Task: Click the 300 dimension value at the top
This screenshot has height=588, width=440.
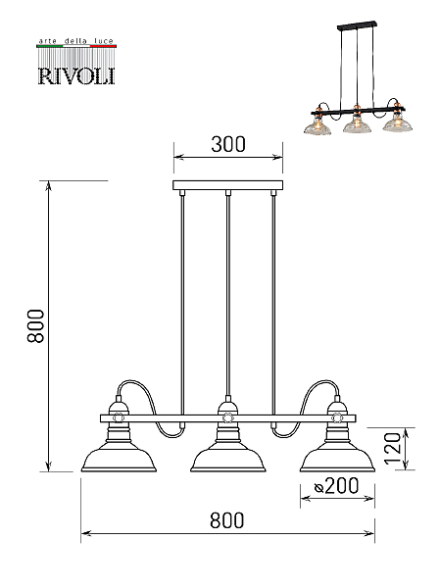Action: (228, 144)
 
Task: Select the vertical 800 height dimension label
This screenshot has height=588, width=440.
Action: (36, 326)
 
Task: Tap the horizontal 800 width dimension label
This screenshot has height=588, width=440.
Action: (227, 520)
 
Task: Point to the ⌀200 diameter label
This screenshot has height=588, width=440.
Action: (336, 486)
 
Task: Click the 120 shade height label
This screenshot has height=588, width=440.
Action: (393, 449)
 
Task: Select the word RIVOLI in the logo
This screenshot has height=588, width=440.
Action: (76, 75)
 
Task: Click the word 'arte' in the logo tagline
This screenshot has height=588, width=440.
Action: (48, 41)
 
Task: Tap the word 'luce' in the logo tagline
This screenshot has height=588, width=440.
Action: (104, 41)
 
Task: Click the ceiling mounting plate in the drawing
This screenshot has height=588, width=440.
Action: (227, 185)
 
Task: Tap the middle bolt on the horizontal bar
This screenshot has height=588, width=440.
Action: (227, 417)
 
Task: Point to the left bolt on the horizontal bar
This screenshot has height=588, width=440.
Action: (119, 417)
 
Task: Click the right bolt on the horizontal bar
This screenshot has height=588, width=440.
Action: (336, 417)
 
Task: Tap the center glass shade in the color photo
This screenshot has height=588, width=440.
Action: (357, 125)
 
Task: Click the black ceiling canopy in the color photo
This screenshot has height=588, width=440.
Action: (357, 25)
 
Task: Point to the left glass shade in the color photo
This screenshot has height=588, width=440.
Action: (318, 126)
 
